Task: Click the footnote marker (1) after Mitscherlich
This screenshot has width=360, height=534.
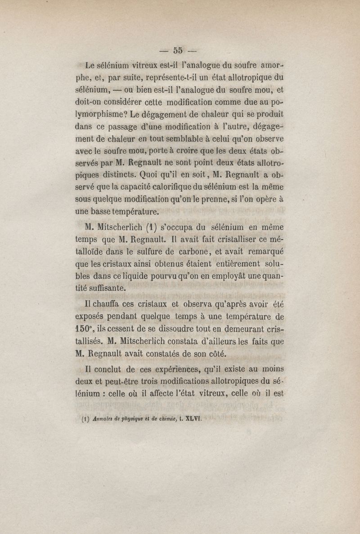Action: coord(151,227)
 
